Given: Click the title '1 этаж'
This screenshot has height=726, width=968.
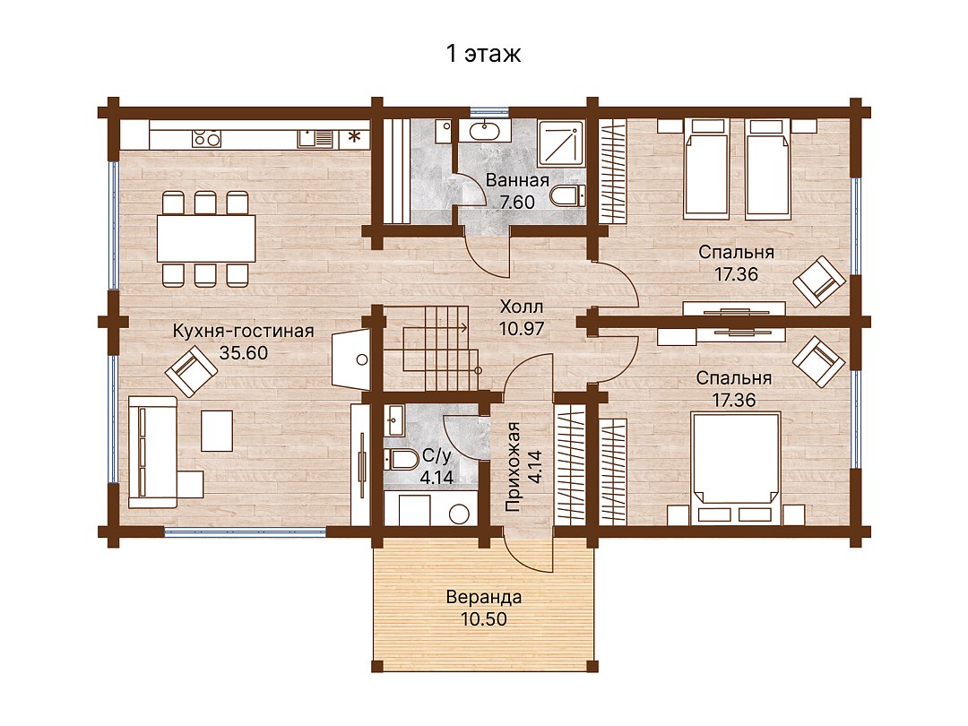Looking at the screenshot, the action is pyautogui.click(x=483, y=54).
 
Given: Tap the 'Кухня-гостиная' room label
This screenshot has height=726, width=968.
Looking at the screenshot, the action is pyautogui.click(x=243, y=331).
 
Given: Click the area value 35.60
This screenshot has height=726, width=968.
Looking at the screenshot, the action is pyautogui.click(x=244, y=353).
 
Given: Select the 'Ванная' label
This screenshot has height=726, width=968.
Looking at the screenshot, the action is pyautogui.click(x=517, y=180).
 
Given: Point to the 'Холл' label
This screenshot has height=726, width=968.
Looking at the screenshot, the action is pyautogui.click(x=522, y=307).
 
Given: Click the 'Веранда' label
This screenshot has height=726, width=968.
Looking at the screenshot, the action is pyautogui.click(x=484, y=598).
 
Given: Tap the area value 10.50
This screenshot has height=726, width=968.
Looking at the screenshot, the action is pyautogui.click(x=484, y=619).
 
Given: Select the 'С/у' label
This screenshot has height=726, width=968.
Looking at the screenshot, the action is pyautogui.click(x=437, y=456).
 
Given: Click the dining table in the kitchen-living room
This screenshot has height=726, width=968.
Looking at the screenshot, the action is pyautogui.click(x=206, y=238).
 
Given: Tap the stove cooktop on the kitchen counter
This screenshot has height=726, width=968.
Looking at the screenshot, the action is pyautogui.click(x=206, y=138).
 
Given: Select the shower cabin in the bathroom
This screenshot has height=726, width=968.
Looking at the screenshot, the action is pyautogui.click(x=561, y=143).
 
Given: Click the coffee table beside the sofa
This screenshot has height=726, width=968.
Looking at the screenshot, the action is pyautogui.click(x=217, y=431).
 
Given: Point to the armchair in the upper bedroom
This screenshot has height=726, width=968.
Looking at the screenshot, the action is pyautogui.click(x=819, y=281).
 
